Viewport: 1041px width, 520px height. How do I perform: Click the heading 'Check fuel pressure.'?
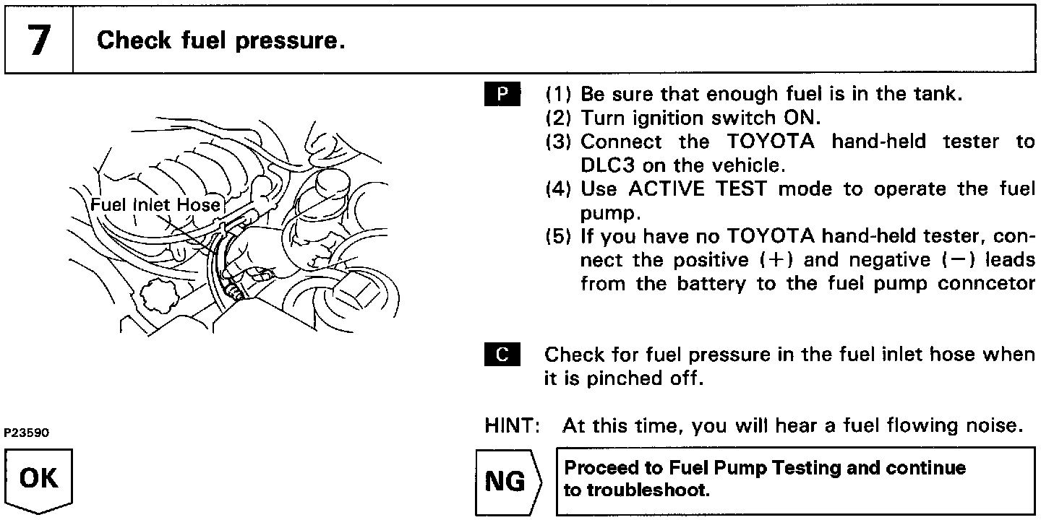click(x=220, y=40)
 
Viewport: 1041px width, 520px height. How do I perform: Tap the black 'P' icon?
click(x=502, y=94)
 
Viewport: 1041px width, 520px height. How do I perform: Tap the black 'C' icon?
click(x=502, y=355)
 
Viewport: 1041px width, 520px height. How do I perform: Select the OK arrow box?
click(x=40, y=480)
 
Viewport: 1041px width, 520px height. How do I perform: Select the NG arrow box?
click(x=507, y=480)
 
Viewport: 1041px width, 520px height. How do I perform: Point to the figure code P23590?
click(x=27, y=434)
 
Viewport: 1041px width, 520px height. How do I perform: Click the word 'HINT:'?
click(x=513, y=426)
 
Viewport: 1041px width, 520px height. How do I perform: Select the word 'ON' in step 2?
click(x=802, y=118)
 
